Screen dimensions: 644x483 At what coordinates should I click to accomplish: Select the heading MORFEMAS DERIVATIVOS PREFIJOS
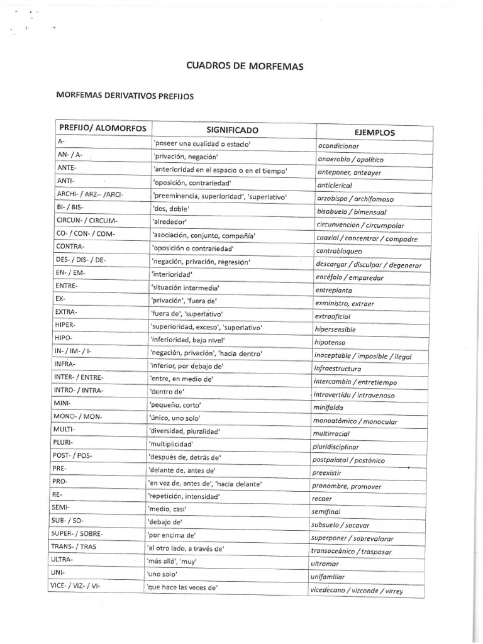pos(126,97)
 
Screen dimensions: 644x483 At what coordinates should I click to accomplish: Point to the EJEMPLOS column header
pos(375,133)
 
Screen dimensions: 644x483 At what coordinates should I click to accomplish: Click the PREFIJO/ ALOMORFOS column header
pos(103,128)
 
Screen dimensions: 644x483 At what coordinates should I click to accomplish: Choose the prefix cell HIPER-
pos(65,325)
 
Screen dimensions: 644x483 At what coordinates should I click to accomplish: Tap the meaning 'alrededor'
pos(170,222)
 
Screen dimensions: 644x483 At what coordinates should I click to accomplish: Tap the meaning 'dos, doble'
pos(170,208)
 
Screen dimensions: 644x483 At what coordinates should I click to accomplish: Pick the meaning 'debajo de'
pos(164,521)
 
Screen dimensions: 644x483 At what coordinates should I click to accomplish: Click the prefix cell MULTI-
pos(64,429)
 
